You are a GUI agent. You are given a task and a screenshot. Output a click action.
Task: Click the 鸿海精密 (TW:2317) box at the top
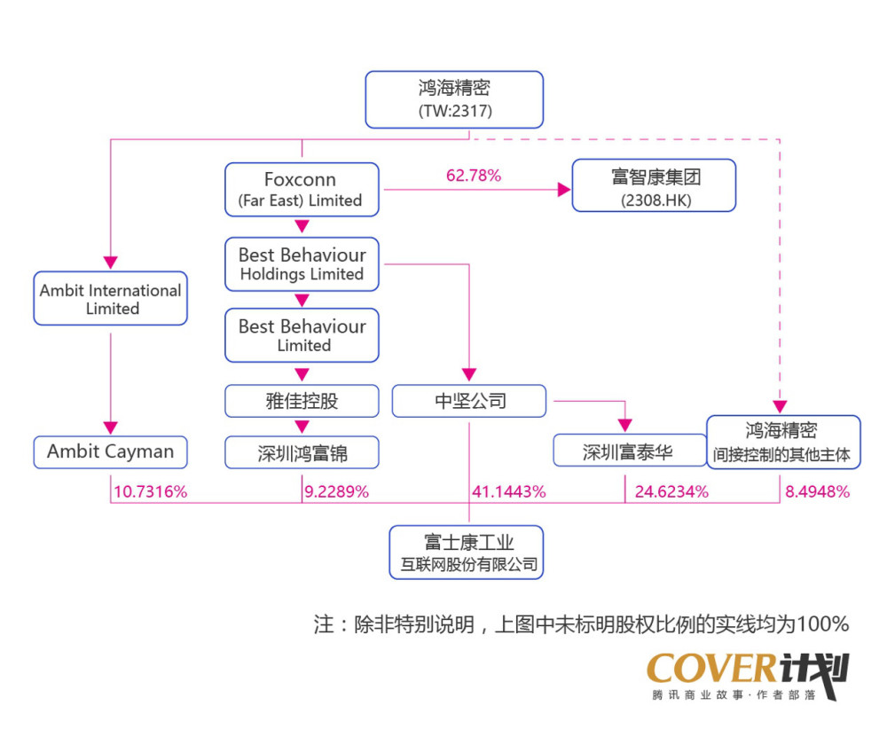454,99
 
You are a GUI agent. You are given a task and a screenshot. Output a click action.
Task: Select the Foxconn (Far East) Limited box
301,190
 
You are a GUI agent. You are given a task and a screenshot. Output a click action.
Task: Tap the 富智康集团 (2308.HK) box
654,186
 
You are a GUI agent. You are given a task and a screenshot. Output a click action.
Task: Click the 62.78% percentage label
473,176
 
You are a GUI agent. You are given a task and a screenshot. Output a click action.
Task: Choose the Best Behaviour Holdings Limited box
302,264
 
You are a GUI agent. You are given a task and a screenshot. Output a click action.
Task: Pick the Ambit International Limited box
111,299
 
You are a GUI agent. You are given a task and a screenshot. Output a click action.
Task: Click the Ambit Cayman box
111,451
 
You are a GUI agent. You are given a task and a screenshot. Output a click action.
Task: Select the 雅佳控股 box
302,401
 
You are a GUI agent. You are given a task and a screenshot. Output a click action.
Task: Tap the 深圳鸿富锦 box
302,453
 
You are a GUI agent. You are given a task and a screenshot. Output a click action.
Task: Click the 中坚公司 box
469,401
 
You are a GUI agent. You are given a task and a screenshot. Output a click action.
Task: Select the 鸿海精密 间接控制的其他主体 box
783,443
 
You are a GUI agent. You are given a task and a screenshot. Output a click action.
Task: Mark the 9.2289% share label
336,491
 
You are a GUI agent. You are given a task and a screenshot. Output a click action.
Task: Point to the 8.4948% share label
818,491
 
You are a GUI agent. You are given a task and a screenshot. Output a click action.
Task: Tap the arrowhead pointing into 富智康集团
562,189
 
